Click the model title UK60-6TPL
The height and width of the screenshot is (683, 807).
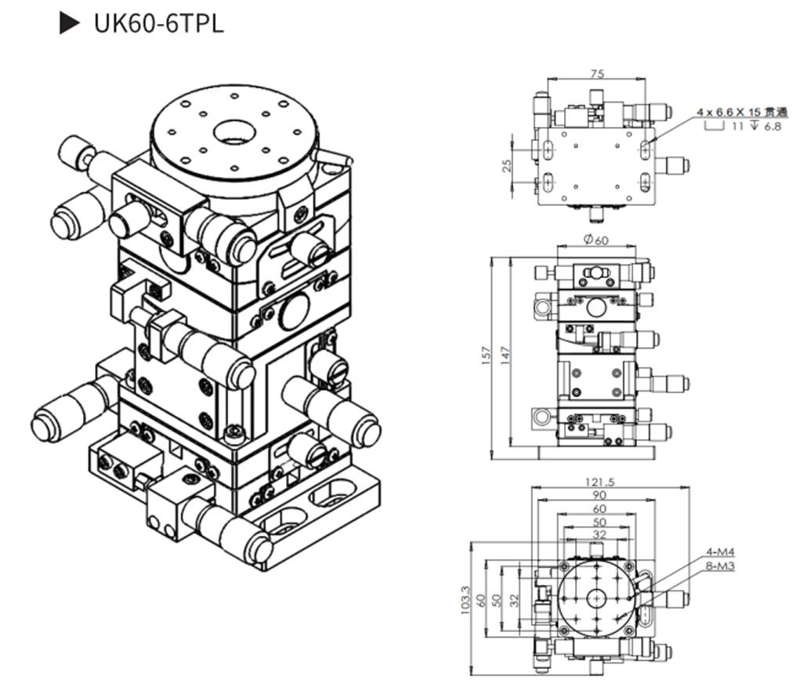coord(158,23)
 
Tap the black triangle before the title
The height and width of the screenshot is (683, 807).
coord(71,23)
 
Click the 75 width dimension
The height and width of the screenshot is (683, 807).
coord(597,74)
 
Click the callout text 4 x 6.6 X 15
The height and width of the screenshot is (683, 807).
coord(734,113)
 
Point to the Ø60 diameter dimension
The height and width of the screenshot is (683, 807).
coord(597,240)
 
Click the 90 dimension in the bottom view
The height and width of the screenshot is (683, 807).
coord(598,496)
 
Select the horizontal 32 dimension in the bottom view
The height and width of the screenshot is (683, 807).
coord(598,536)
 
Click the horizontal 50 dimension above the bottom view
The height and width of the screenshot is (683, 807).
coord(598,522)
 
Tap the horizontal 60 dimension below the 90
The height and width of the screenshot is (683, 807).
coord(598,509)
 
